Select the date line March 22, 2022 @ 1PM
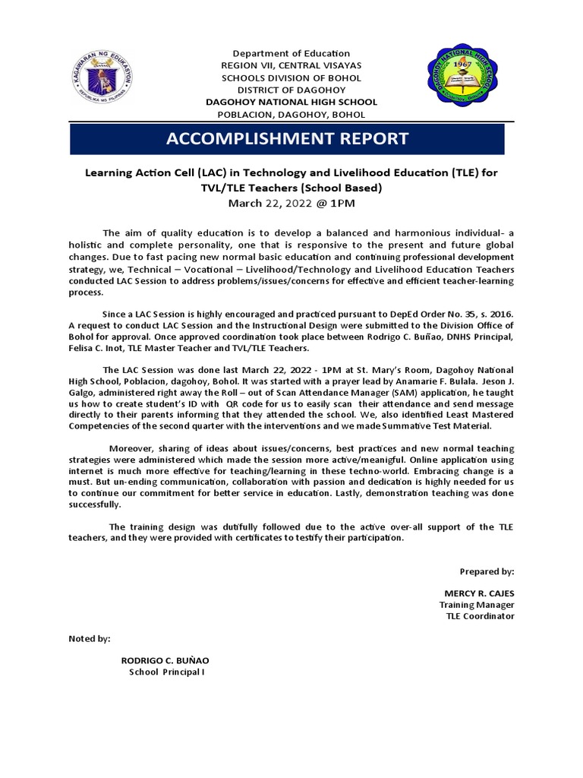pos(291,203)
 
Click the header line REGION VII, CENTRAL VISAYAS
pos(291,65)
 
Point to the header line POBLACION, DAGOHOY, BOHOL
pos(291,115)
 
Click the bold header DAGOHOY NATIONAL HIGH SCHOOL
pos(291,103)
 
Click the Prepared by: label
pos(487,571)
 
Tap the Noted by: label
pos(90,639)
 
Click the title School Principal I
pos(166,672)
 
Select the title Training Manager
pos(477,605)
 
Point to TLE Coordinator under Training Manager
pos(480,616)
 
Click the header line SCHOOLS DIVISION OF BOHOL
pos(291,77)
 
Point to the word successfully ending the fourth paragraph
pos(95,504)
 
